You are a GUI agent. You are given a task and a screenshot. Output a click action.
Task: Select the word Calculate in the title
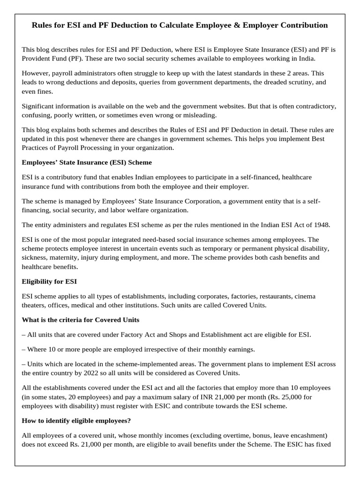click(x=174, y=25)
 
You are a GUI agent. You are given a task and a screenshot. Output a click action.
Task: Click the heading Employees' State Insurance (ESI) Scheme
click(x=87, y=162)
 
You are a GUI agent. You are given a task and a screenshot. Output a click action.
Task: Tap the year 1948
click(x=321, y=225)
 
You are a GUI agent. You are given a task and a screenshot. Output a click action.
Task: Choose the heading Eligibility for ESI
click(x=50, y=281)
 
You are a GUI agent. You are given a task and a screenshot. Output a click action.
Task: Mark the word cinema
click(x=305, y=296)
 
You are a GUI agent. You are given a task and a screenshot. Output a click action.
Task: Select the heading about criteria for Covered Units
click(x=80, y=320)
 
